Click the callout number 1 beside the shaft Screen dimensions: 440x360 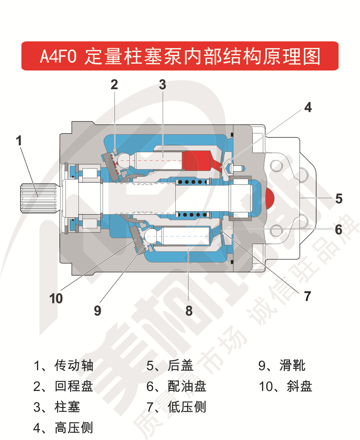point(19,141)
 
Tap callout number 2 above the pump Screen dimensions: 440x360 point(114,85)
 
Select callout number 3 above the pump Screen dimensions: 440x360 point(162,85)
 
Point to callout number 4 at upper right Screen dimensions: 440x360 point(308,107)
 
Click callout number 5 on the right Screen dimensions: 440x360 point(338,199)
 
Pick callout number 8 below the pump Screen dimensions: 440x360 point(189,311)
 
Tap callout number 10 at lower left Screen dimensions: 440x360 point(56,299)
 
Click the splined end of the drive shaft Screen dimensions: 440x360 point(38,198)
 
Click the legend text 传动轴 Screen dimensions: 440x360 point(74,365)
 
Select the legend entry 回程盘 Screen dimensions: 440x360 point(74,386)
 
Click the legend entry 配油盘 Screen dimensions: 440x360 point(187,386)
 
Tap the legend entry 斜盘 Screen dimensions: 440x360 point(299,386)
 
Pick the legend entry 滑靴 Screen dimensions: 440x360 point(292,365)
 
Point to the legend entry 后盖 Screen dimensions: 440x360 point(180,365)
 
